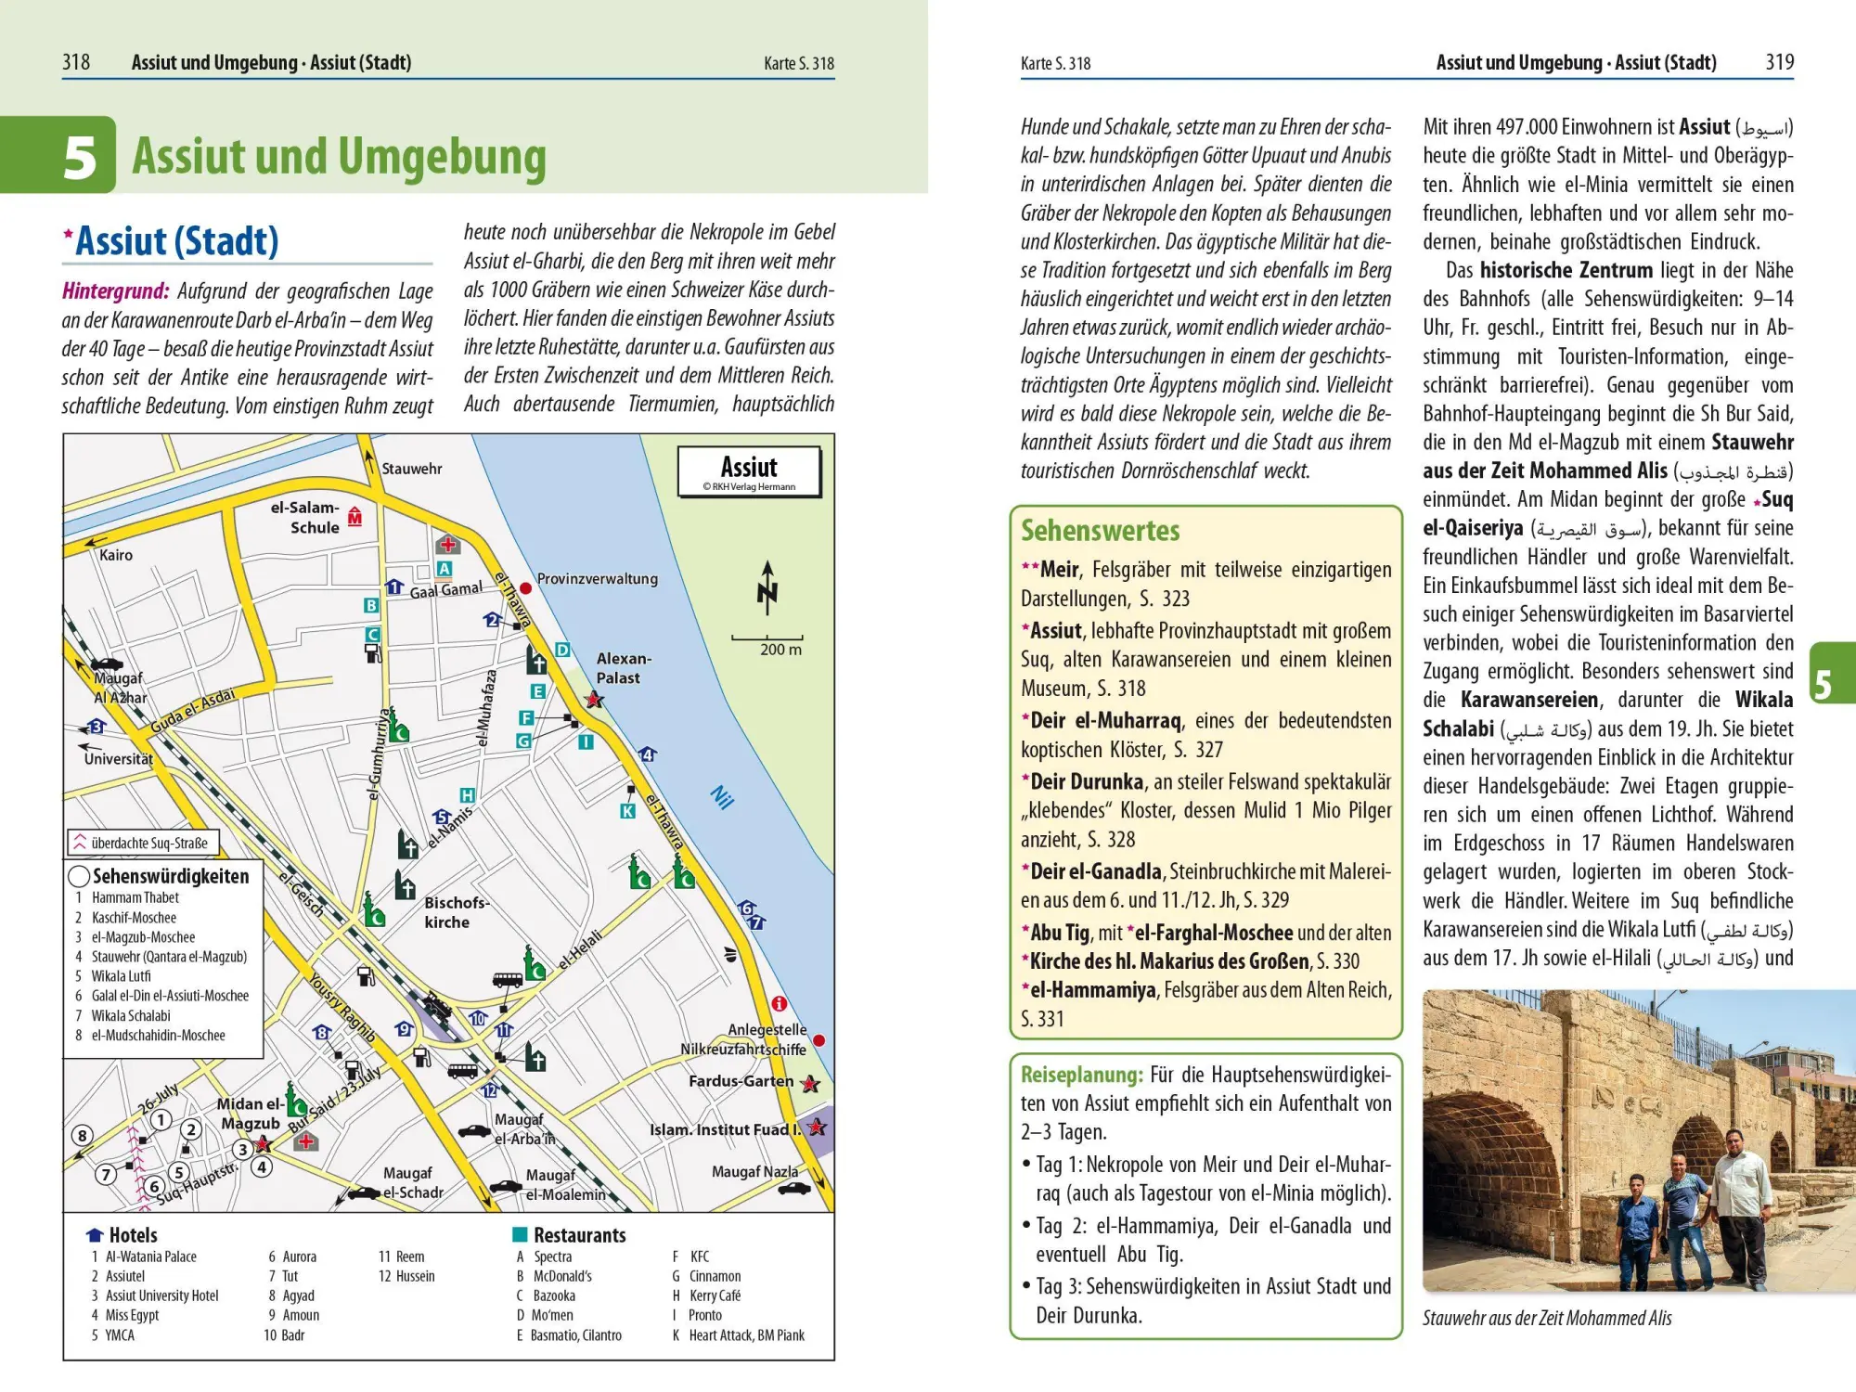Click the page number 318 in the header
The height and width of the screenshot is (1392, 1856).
pyautogui.click(x=76, y=62)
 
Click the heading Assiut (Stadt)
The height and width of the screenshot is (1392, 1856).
pyautogui.click(x=176, y=241)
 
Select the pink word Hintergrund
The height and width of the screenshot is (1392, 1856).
pyautogui.click(x=115, y=291)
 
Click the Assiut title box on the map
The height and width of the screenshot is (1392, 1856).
pyautogui.click(x=749, y=471)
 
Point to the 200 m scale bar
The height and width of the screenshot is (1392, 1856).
pyautogui.click(x=767, y=639)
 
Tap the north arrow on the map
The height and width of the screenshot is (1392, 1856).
pyautogui.click(x=767, y=588)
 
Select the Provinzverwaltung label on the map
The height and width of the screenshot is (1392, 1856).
pyautogui.click(x=597, y=579)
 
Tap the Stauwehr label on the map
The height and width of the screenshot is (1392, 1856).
pyautogui.click(x=412, y=469)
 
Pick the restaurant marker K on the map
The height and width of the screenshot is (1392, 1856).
pyautogui.click(x=628, y=811)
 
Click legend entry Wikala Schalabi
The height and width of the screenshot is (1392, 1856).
pyautogui.click(x=131, y=1015)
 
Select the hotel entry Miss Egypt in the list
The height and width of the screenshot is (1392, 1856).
pyautogui.click(x=132, y=1315)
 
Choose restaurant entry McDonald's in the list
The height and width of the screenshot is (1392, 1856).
pyautogui.click(x=562, y=1276)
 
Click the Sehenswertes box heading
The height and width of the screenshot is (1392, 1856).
pyautogui.click(x=1100, y=531)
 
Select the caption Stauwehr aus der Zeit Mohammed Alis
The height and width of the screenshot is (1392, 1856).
pyautogui.click(x=1546, y=1318)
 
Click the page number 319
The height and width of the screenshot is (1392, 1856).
pyautogui.click(x=1779, y=62)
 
